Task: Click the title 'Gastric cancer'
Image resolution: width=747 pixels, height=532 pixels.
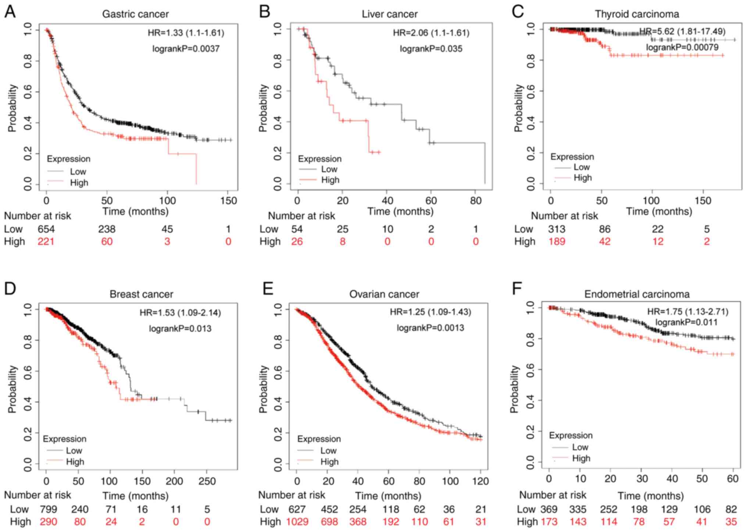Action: click(x=135, y=14)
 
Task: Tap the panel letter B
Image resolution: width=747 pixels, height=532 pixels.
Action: click(x=265, y=12)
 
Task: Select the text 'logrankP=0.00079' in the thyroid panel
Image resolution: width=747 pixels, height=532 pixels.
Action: click(x=682, y=47)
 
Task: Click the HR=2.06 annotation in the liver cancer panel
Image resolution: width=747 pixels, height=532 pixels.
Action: click(x=431, y=33)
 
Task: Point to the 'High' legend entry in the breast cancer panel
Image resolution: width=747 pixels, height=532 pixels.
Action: click(x=75, y=462)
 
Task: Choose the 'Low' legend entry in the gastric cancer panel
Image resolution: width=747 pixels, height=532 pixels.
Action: click(x=78, y=172)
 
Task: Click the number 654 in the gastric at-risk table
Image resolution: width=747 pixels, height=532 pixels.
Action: click(x=46, y=229)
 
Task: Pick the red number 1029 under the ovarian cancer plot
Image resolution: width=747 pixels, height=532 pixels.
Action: click(x=297, y=522)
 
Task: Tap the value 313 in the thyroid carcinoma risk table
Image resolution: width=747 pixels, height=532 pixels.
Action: click(x=557, y=229)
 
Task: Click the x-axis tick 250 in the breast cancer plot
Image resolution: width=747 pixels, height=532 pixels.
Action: click(x=207, y=481)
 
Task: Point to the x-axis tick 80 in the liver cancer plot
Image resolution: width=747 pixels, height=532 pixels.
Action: click(x=475, y=201)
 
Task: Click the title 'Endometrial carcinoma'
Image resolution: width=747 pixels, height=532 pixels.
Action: click(x=637, y=294)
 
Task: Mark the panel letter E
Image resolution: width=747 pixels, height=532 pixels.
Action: click(x=268, y=289)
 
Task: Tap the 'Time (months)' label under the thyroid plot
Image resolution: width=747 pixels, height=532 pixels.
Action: click(x=659, y=212)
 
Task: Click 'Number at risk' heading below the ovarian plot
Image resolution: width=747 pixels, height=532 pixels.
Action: click(x=292, y=495)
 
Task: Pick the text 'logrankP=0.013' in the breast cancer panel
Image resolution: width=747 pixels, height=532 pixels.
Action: click(x=180, y=329)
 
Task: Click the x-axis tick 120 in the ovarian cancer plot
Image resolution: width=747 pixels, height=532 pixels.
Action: click(x=480, y=481)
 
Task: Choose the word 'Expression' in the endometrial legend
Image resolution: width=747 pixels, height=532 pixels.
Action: click(x=571, y=436)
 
